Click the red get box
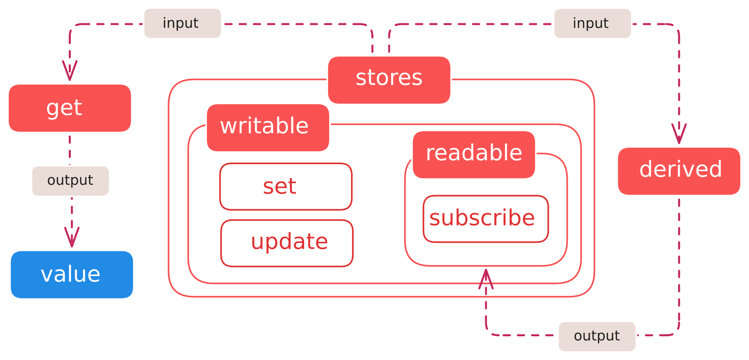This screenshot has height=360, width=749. point(70,108)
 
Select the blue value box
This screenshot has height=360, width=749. point(72,275)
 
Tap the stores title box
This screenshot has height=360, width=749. point(389,80)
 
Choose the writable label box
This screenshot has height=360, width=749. point(268,127)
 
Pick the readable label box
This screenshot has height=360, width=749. point(474,154)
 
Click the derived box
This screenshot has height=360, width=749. point(679,171)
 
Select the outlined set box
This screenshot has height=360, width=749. point(286,187)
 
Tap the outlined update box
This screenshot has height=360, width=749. point(287,243)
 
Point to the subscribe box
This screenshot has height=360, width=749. point(486,219)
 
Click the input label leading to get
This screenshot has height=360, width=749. point(182,23)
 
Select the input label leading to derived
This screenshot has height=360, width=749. point(592,23)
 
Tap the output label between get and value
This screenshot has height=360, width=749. point(70,181)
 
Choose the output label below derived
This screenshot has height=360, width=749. point(597,336)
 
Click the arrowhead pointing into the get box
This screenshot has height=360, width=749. point(70,71)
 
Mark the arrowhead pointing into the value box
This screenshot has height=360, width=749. point(72,237)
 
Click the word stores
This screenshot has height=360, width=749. point(389,78)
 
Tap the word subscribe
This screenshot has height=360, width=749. point(482,218)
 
